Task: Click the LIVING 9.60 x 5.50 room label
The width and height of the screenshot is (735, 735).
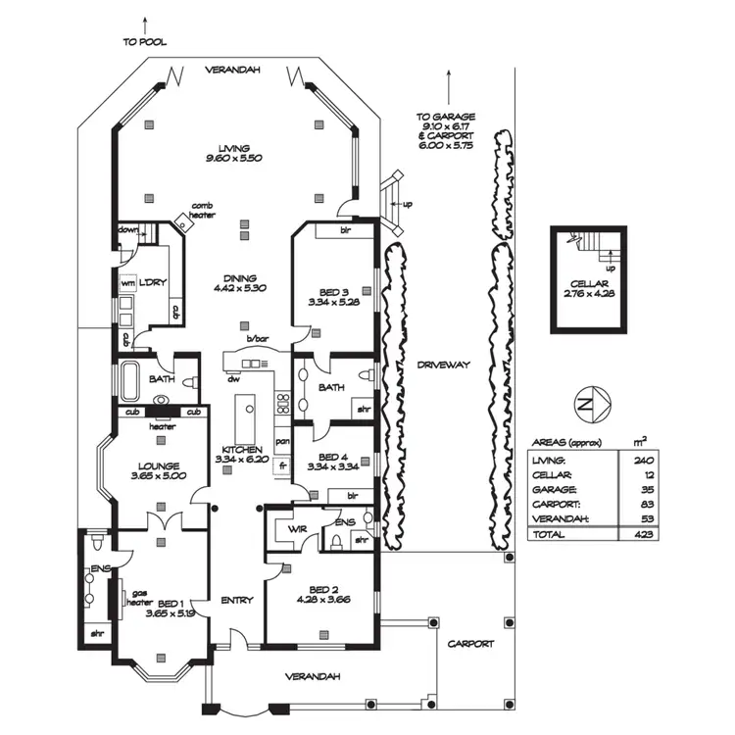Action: (234, 152)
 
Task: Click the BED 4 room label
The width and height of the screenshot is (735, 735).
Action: (334, 462)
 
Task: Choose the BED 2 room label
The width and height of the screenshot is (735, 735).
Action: (322, 593)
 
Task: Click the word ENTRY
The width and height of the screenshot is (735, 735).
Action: (236, 600)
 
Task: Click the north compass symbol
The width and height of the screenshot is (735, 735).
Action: (593, 403)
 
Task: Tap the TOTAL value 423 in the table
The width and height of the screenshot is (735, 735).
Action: (643, 535)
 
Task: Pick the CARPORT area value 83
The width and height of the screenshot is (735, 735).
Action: (643, 504)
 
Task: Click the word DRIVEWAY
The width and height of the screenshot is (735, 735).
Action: (444, 365)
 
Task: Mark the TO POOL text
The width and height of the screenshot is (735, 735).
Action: (145, 42)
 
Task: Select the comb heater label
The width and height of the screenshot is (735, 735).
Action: (203, 210)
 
